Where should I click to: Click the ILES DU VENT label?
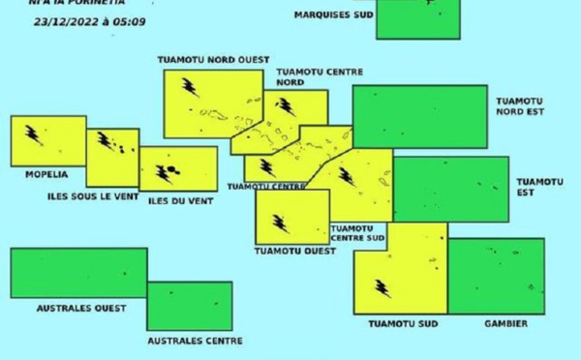179,200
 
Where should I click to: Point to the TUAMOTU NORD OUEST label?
213,60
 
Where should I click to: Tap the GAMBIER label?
505,324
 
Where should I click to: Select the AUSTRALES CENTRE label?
194,341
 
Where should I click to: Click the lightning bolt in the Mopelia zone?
33,135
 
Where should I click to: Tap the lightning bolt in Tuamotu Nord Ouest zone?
190,88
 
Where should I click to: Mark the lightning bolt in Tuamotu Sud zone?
382,288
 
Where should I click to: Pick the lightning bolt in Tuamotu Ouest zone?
281,224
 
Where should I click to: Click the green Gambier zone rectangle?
496,276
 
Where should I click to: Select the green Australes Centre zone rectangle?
190,306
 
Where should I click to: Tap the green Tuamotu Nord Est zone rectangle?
419,116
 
